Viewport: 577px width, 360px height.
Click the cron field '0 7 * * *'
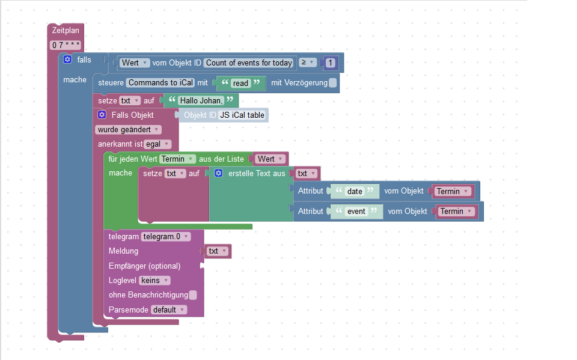coord(66,45)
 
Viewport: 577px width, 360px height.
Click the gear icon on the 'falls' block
coord(67,59)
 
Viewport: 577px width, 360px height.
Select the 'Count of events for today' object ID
coord(249,63)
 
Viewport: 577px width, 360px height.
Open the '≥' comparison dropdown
coord(308,63)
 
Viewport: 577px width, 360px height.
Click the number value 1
coord(330,63)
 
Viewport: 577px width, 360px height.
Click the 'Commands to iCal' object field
coord(160,83)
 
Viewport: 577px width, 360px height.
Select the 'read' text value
coord(240,84)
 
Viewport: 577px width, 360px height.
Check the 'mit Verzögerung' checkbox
coord(333,83)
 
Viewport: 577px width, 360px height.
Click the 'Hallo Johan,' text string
coord(201,101)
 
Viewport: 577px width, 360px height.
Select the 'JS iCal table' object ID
coord(243,115)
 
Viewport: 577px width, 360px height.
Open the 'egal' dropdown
coord(157,144)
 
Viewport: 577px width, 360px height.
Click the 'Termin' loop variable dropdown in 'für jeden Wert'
coord(178,159)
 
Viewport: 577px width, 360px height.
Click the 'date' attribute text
coord(355,191)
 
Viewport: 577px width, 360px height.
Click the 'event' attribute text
coord(356,211)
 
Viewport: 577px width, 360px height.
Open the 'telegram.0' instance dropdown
coord(165,237)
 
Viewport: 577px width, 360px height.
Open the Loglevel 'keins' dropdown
coord(154,280)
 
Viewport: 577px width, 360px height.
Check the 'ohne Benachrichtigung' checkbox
coord(193,295)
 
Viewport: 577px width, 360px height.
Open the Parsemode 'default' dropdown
coord(168,310)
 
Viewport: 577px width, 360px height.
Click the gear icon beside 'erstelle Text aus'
coord(219,173)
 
